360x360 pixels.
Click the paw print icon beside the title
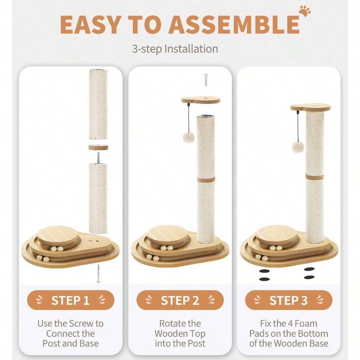pyautogui.click(x=305, y=11)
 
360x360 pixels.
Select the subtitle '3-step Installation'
pyautogui.click(x=175, y=49)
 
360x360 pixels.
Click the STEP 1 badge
pyautogui.click(x=70, y=300)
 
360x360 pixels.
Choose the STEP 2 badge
pyautogui.click(x=180, y=300)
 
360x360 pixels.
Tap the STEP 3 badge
pyautogui.click(x=288, y=300)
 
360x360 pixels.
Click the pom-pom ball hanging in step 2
pyautogui.click(x=188, y=137)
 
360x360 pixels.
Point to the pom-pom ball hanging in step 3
pyautogui.click(x=298, y=147)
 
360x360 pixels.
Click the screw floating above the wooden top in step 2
pyautogui.click(x=206, y=80)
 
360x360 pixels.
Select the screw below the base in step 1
pyautogui.click(x=98, y=273)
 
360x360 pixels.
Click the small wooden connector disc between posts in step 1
pyautogui.click(x=98, y=147)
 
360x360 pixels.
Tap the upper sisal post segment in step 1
pyautogui.click(x=98, y=104)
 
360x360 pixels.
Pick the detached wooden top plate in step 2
pyautogui.click(x=201, y=100)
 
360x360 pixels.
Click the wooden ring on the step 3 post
pyautogui.click(x=315, y=177)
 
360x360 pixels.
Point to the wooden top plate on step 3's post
pyautogui.click(x=310, y=108)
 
